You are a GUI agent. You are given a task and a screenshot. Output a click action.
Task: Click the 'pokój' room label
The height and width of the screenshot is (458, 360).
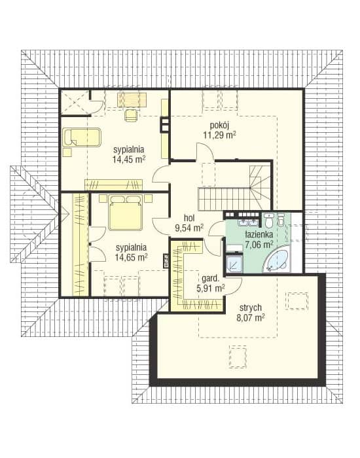(219, 126)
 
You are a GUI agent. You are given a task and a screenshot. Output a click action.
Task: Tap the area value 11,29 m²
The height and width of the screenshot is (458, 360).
(219, 135)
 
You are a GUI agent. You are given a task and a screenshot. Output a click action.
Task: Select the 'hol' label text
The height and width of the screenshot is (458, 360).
(189, 218)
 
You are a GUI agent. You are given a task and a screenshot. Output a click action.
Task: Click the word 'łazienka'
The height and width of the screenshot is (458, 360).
(259, 234)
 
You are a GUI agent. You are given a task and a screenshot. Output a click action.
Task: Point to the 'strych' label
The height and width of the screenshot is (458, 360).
(251, 308)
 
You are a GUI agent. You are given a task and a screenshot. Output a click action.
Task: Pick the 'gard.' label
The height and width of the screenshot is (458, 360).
(210, 279)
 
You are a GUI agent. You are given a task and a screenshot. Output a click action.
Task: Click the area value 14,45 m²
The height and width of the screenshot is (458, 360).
(129, 160)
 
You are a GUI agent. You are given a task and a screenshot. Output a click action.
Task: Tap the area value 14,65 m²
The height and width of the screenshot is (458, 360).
(131, 257)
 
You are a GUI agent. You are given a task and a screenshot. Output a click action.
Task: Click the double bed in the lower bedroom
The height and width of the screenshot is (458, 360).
(126, 213)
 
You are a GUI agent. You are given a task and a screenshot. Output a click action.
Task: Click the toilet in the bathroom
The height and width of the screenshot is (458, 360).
(269, 220)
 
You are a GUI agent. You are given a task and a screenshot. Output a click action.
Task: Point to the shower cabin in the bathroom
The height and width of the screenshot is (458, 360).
(234, 264)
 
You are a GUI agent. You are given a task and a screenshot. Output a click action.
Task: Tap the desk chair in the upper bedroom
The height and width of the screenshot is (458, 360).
(131, 114)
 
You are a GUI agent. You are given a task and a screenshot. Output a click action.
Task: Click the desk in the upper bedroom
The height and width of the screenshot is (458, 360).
(132, 100)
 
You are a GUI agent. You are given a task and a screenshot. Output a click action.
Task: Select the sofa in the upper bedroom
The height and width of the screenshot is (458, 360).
(82, 137)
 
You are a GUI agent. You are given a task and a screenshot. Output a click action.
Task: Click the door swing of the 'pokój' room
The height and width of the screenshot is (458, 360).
(205, 151)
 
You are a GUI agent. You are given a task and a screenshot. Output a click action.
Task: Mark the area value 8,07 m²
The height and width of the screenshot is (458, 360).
(251, 318)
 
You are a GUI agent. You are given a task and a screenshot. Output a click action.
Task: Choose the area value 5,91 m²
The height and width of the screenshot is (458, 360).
(210, 289)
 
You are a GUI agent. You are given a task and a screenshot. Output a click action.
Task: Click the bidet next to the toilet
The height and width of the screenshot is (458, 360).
(281, 219)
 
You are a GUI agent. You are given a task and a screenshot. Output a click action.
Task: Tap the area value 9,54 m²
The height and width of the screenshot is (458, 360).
(189, 228)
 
